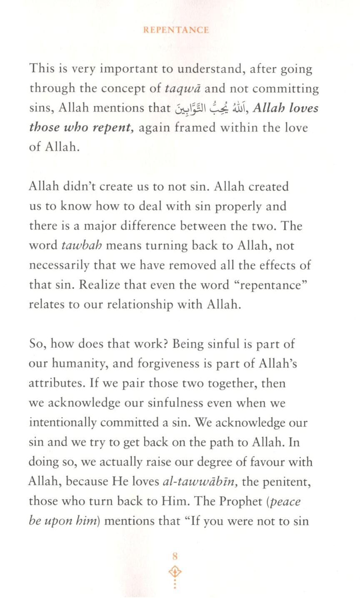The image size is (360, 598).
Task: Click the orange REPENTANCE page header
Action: (x=176, y=30)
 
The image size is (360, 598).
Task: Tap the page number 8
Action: (x=175, y=556)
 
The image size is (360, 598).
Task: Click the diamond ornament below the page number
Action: (x=175, y=571)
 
